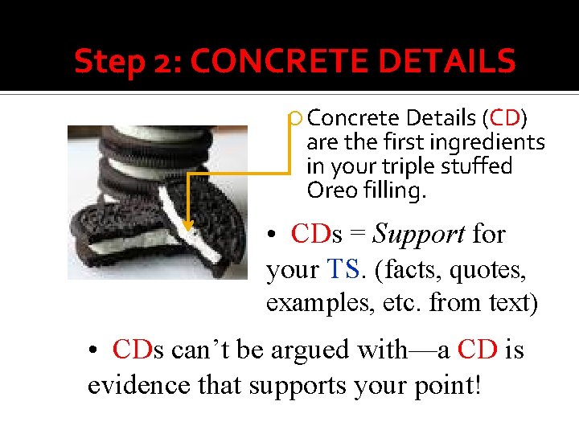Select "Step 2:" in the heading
(x=129, y=61)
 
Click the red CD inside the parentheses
(x=505, y=118)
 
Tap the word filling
(x=395, y=190)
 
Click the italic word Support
(x=419, y=234)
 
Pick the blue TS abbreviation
(x=344, y=269)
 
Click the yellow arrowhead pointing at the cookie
(x=188, y=226)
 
